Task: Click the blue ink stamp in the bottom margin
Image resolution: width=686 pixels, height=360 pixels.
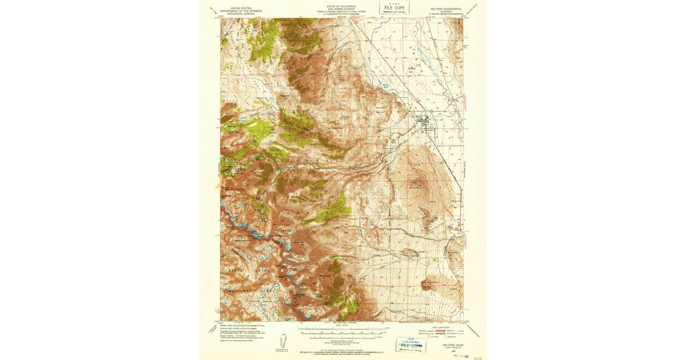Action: [x=410, y=343]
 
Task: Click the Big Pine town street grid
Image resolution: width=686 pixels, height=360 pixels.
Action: [x=425, y=121]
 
